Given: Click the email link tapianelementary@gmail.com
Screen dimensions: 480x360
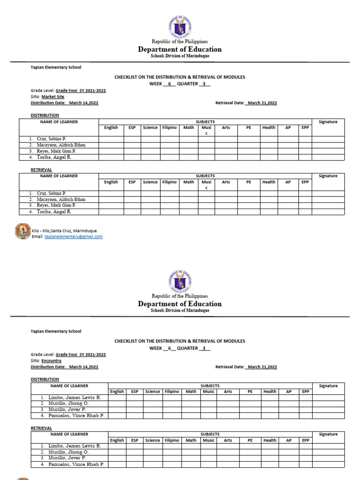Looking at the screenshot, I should (x=74, y=237).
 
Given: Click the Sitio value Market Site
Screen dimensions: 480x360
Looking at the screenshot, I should (x=53, y=97).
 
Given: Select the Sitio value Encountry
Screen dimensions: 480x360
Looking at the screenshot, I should (x=52, y=361).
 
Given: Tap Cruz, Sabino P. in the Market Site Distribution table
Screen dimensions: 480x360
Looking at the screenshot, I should (x=52, y=139).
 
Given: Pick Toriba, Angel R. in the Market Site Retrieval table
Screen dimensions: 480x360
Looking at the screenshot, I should (x=54, y=212).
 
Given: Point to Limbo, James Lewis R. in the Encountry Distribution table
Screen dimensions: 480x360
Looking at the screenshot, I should (x=75, y=397).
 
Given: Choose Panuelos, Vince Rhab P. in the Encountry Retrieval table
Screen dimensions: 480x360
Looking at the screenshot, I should (x=76, y=464).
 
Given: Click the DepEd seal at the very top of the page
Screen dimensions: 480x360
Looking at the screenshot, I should (x=180, y=27).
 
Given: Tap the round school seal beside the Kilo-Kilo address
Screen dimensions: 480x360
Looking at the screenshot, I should (x=23, y=232).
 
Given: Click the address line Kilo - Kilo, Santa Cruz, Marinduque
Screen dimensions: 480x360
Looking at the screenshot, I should (x=64, y=231).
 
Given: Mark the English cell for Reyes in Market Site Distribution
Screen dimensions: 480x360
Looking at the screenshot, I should (x=111, y=151).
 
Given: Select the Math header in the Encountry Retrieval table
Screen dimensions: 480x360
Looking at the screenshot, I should (x=191, y=440).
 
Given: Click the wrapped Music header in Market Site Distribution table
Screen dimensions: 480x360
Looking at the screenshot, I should (x=206, y=130).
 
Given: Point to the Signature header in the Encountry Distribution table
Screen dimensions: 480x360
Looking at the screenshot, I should (x=328, y=386).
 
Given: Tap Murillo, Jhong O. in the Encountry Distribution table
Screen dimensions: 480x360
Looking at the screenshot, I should (x=68, y=403).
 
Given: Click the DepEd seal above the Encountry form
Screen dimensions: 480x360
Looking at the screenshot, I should (x=180, y=282).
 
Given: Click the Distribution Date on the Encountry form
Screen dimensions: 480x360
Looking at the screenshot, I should (x=65, y=367).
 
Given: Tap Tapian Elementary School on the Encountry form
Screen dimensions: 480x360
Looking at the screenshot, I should (x=56, y=331).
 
